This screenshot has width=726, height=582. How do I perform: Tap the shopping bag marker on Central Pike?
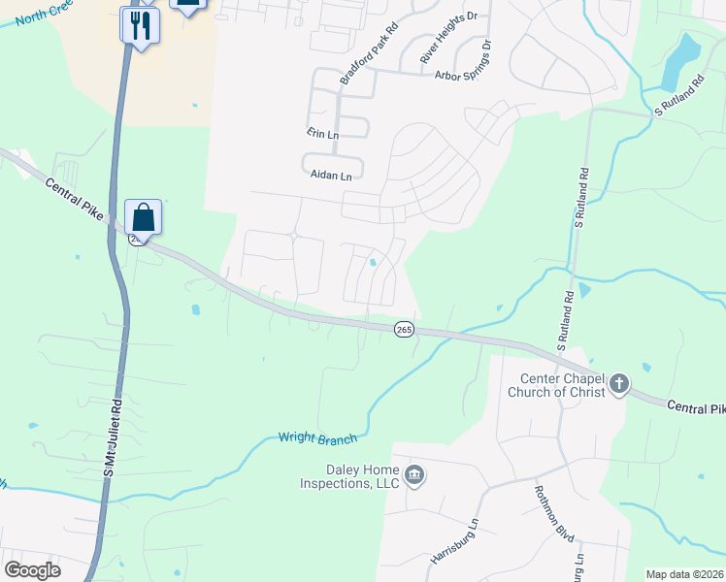point(143,217)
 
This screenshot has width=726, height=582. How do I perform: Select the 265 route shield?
point(405,330)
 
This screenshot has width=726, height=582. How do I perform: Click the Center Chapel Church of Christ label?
point(556,385)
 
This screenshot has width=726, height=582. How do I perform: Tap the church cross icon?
point(619,385)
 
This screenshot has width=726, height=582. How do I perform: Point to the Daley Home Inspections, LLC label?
point(349,476)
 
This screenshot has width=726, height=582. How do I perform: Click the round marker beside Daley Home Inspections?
point(414,475)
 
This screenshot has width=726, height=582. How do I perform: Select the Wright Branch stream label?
point(317,438)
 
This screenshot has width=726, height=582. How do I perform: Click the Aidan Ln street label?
point(331,176)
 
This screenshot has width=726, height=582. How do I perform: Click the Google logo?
point(32,570)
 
